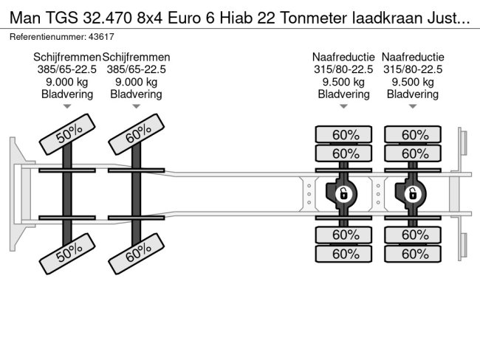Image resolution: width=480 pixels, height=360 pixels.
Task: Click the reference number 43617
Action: coord(100,36)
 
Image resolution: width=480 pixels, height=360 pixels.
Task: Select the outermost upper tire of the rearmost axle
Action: coord(413,135)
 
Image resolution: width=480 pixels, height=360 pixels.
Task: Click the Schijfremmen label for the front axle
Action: coord(67,57)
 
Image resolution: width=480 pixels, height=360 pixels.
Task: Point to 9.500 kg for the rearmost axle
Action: coord(413,82)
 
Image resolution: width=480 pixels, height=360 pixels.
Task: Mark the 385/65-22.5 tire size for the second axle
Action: coord(137,69)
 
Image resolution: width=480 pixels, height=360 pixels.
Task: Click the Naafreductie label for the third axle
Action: coord(343,57)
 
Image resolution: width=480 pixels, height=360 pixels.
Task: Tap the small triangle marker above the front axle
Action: coord(67,107)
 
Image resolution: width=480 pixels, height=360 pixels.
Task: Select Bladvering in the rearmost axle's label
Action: coord(413,94)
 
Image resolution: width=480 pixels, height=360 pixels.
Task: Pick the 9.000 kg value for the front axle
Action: coord(67,82)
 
